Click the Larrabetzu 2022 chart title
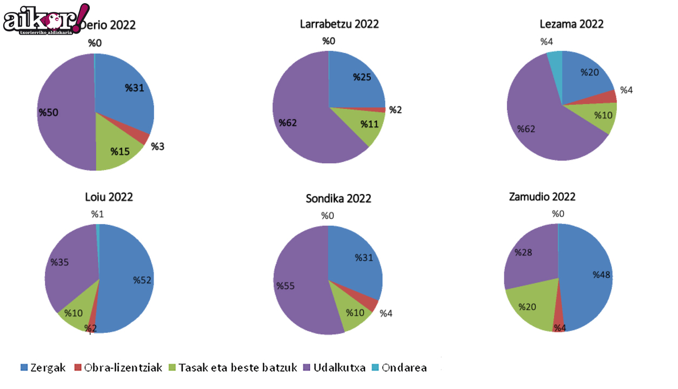coord(339,24)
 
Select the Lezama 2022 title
coord(571,24)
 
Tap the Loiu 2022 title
coord(109,197)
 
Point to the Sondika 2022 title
coord(338,198)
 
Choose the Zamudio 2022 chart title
coord(542,196)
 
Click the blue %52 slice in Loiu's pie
coord(130,281)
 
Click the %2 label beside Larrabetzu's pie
coord(396,110)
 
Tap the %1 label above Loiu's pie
coord(97,214)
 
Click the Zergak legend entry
coord(43,368)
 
